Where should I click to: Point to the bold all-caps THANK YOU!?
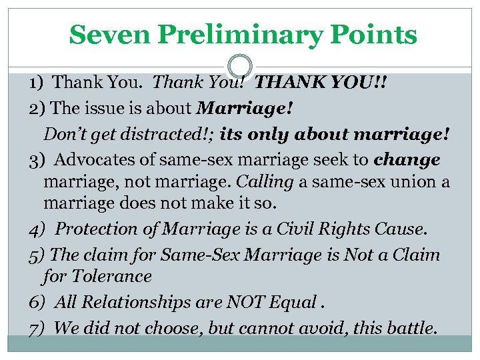(x=321, y=83)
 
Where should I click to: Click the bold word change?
(x=407, y=160)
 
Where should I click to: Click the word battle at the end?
(x=411, y=327)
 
